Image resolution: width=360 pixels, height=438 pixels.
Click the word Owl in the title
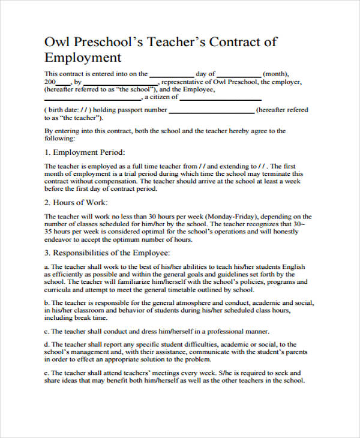[56, 42]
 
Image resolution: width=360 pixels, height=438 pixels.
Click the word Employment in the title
[83, 58]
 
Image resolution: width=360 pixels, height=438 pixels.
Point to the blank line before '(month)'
[239, 76]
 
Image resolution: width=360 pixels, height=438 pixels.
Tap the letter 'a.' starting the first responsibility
[47, 266]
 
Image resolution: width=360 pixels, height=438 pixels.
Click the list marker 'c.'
[47, 331]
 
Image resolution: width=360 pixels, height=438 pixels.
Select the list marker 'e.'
[47, 373]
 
